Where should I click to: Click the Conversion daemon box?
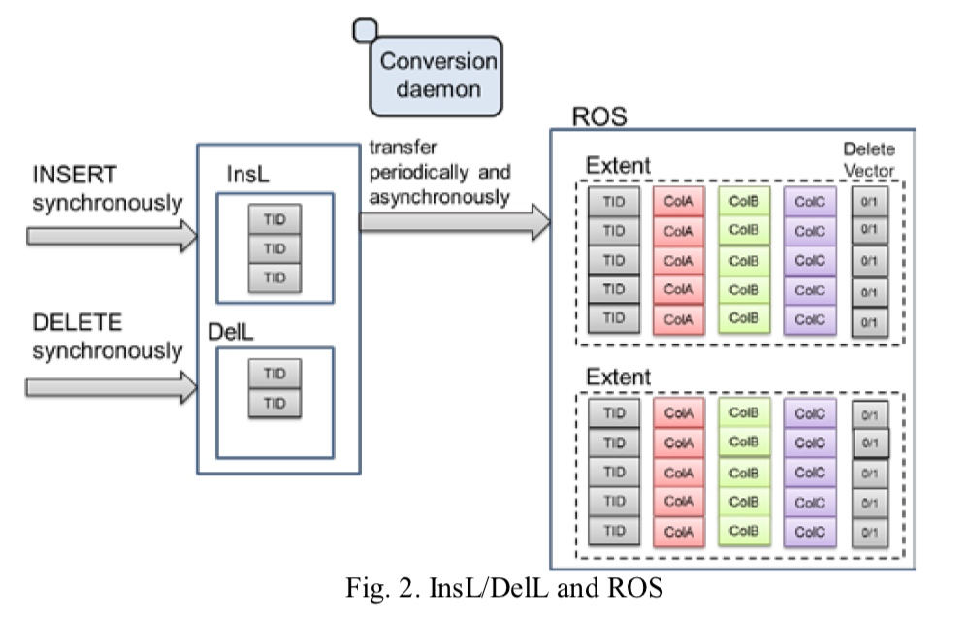(436, 76)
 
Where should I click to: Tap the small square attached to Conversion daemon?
(365, 30)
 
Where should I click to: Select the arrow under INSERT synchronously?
(112, 236)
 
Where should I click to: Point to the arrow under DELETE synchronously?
(112, 387)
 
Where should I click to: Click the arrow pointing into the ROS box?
(455, 221)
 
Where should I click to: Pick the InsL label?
(247, 175)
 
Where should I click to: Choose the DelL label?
(230, 332)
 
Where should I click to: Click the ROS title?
(598, 116)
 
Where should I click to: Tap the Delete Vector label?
(869, 160)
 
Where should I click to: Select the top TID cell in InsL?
(274, 219)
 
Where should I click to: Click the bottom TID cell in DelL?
(274, 403)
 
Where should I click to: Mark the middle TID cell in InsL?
(274, 248)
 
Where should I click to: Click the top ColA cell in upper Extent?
(678, 201)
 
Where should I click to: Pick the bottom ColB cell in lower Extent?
(744, 531)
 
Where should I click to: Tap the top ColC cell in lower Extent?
(809, 413)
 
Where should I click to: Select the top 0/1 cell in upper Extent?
(869, 201)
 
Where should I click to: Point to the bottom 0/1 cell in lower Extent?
(869, 532)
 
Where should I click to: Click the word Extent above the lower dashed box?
(618, 377)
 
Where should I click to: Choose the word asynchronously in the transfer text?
(439, 198)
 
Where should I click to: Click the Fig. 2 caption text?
(503, 588)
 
